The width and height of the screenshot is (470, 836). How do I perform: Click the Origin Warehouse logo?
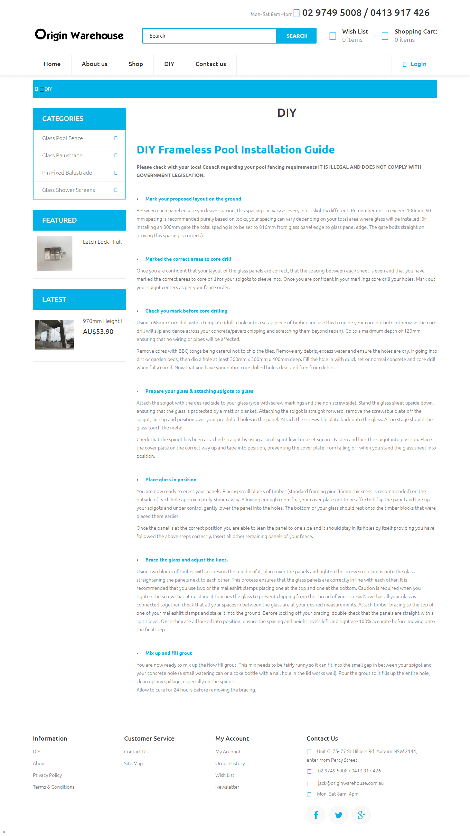click(x=79, y=35)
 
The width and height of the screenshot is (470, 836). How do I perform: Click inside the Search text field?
click(x=209, y=36)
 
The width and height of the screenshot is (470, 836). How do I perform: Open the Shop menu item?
click(x=136, y=64)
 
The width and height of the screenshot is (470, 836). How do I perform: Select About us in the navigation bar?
click(x=95, y=64)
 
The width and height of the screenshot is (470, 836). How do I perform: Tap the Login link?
click(x=418, y=64)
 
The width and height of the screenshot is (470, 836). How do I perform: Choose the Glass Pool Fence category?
click(x=63, y=138)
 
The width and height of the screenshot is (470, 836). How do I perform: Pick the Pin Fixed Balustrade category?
click(x=67, y=173)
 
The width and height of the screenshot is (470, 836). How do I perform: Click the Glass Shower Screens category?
click(x=68, y=190)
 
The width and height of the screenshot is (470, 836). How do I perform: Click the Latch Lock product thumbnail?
click(x=55, y=253)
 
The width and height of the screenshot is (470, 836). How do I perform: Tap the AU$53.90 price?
click(x=98, y=332)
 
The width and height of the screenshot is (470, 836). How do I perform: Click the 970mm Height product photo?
click(x=55, y=335)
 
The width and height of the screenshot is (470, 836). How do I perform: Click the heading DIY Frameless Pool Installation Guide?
click(x=236, y=150)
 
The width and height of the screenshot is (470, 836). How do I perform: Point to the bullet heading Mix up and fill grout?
click(x=169, y=653)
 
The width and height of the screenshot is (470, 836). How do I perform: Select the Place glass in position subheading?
click(x=171, y=480)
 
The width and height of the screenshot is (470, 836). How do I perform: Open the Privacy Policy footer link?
click(x=47, y=775)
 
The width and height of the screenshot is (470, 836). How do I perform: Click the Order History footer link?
click(x=230, y=764)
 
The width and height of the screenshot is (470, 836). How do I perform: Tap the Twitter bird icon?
click(x=339, y=815)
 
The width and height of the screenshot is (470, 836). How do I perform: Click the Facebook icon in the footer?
click(x=316, y=815)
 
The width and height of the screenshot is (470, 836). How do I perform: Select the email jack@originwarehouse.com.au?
click(x=350, y=783)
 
